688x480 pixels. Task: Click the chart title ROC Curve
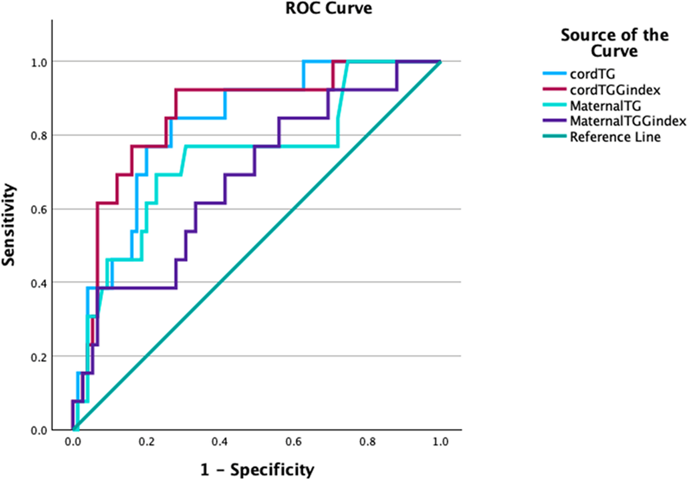[329, 8]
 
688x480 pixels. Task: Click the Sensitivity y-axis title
[9, 225]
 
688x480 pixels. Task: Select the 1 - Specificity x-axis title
[257, 469]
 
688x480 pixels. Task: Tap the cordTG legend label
[592, 74]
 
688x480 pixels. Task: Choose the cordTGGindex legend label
[615, 90]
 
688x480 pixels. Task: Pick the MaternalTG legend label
[605, 106]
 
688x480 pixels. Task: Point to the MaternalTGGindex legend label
[628, 121]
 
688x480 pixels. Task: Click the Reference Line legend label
[615, 137]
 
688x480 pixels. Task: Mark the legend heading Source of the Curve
[614, 43]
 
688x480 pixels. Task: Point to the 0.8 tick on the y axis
[39, 136]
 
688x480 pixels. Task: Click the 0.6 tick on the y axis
[39, 209]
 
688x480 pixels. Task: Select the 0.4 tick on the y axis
[39, 283]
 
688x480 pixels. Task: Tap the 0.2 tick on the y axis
[39, 357]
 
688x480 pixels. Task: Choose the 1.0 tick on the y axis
[39, 62]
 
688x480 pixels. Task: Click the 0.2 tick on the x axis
[146, 442]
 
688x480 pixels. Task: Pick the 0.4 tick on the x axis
[219, 442]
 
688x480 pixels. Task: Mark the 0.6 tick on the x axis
[293, 442]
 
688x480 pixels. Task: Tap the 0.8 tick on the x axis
[367, 442]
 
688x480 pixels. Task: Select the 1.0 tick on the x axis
[440, 442]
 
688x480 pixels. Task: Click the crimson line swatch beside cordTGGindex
[554, 89]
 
